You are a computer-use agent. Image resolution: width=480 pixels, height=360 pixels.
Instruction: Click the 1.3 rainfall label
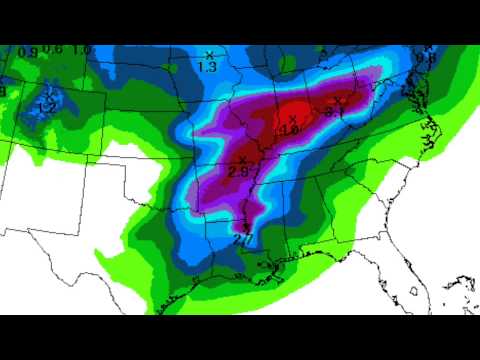(208, 67)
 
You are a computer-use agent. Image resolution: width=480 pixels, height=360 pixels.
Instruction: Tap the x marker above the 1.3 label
(209, 54)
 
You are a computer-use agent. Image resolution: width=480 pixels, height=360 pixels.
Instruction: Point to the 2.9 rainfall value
(238, 172)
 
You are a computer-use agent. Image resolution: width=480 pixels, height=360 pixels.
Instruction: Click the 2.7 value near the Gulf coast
(242, 239)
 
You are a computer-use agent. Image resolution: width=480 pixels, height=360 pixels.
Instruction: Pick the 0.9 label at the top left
(28, 52)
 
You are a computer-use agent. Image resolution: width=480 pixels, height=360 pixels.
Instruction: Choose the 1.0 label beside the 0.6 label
(81, 50)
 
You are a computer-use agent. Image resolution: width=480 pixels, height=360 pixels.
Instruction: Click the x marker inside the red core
(292, 119)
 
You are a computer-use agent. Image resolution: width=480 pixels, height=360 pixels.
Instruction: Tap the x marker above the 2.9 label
(242, 160)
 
